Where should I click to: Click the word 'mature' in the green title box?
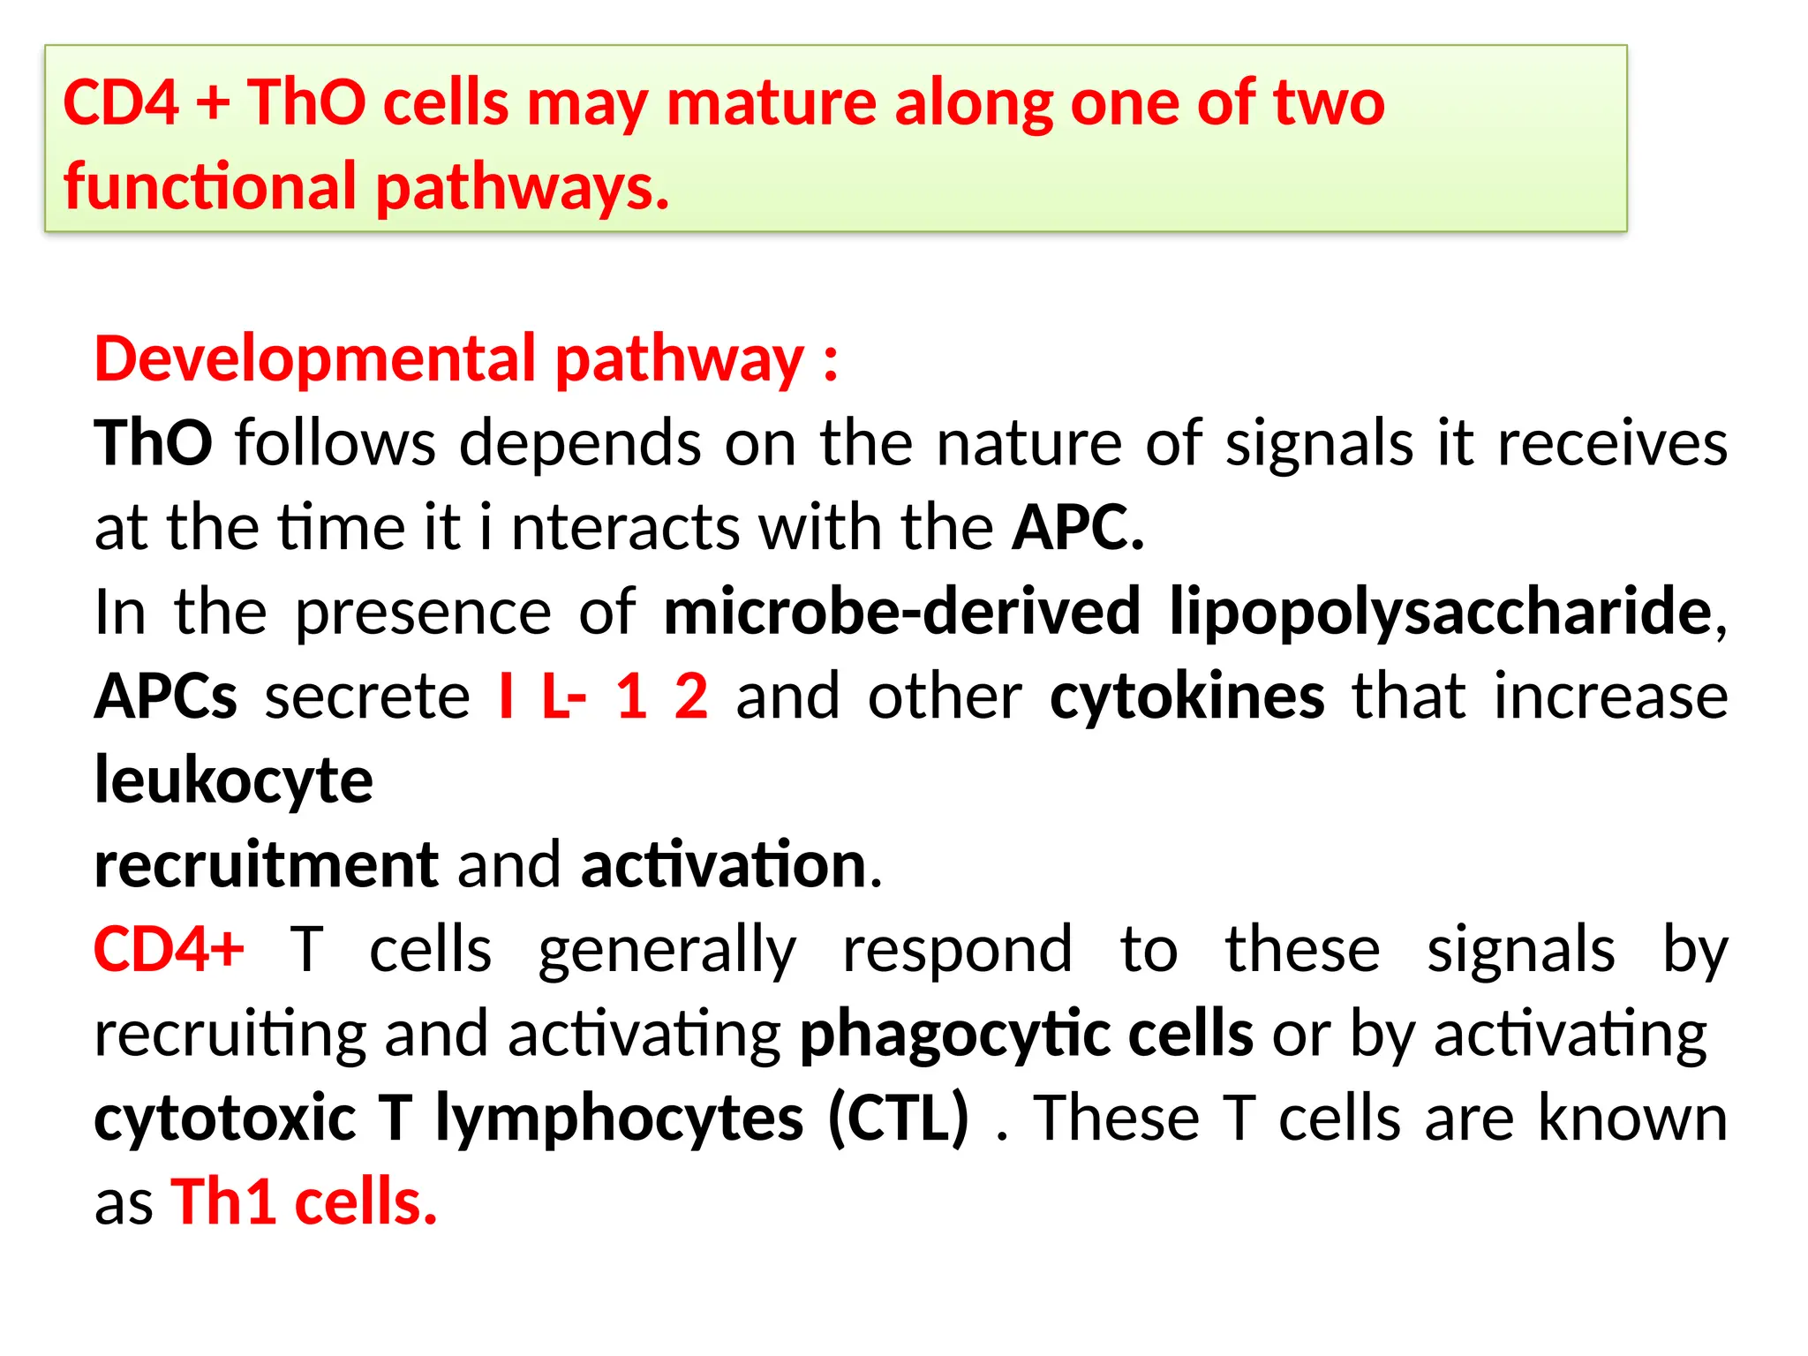(771, 104)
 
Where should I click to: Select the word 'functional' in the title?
(210, 187)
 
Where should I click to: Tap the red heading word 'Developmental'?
(315, 359)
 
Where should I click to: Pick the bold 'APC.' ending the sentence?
(1078, 528)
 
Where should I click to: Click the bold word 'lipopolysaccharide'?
(1440, 613)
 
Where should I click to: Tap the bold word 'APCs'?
(166, 697)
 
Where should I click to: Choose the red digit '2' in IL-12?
(691, 697)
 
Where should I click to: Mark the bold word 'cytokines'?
(1187, 697)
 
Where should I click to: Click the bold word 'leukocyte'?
(234, 781)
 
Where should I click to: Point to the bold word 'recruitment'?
(266, 865)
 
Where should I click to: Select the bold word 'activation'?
(724, 865)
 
